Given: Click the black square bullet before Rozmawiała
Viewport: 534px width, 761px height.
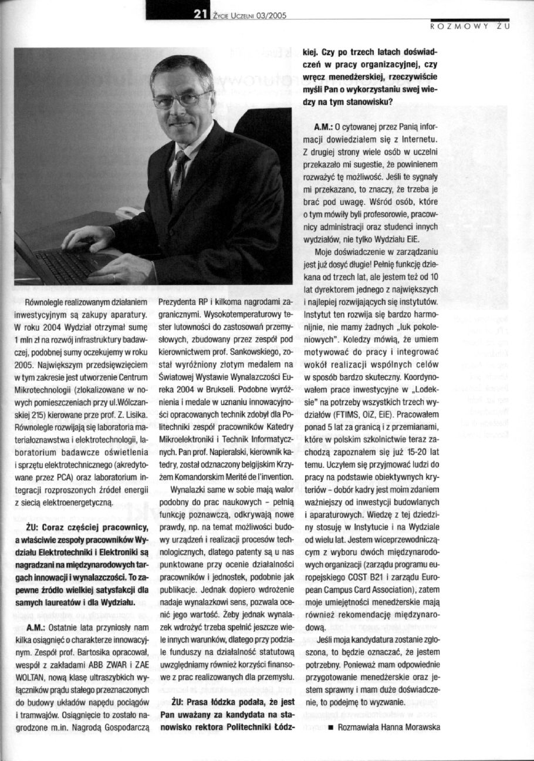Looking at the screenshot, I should pos(331,727).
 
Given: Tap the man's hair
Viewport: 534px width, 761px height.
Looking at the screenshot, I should pos(182,69).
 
